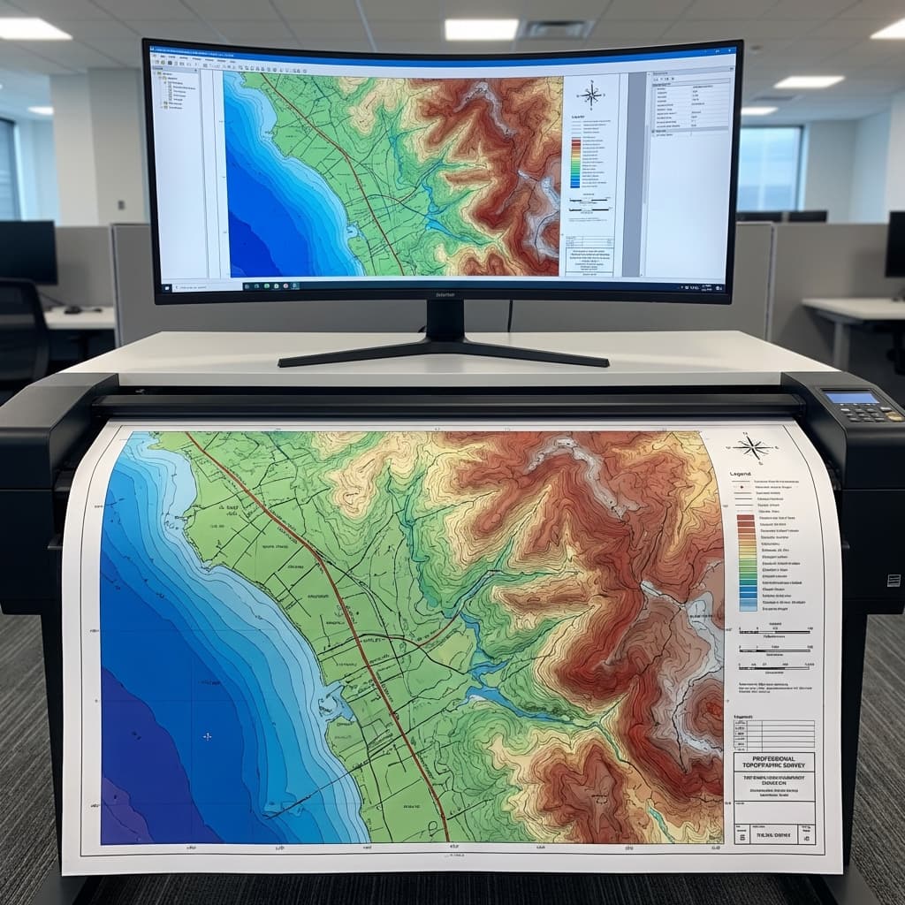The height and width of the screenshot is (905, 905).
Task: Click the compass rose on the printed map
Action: [754, 447]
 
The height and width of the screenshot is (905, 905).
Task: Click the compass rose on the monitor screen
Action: [591, 95]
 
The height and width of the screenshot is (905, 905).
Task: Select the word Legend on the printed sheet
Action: [741, 475]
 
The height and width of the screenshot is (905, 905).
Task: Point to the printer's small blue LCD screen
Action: [851, 398]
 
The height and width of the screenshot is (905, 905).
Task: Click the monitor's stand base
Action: [444, 355]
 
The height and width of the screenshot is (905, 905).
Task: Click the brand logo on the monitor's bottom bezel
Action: [445, 293]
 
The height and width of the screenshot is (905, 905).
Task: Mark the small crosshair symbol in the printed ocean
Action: [208, 735]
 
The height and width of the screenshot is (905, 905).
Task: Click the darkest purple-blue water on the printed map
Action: [133, 751]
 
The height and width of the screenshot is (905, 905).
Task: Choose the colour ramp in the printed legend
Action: [747, 563]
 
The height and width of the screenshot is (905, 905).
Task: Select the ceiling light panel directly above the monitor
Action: [481, 29]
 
